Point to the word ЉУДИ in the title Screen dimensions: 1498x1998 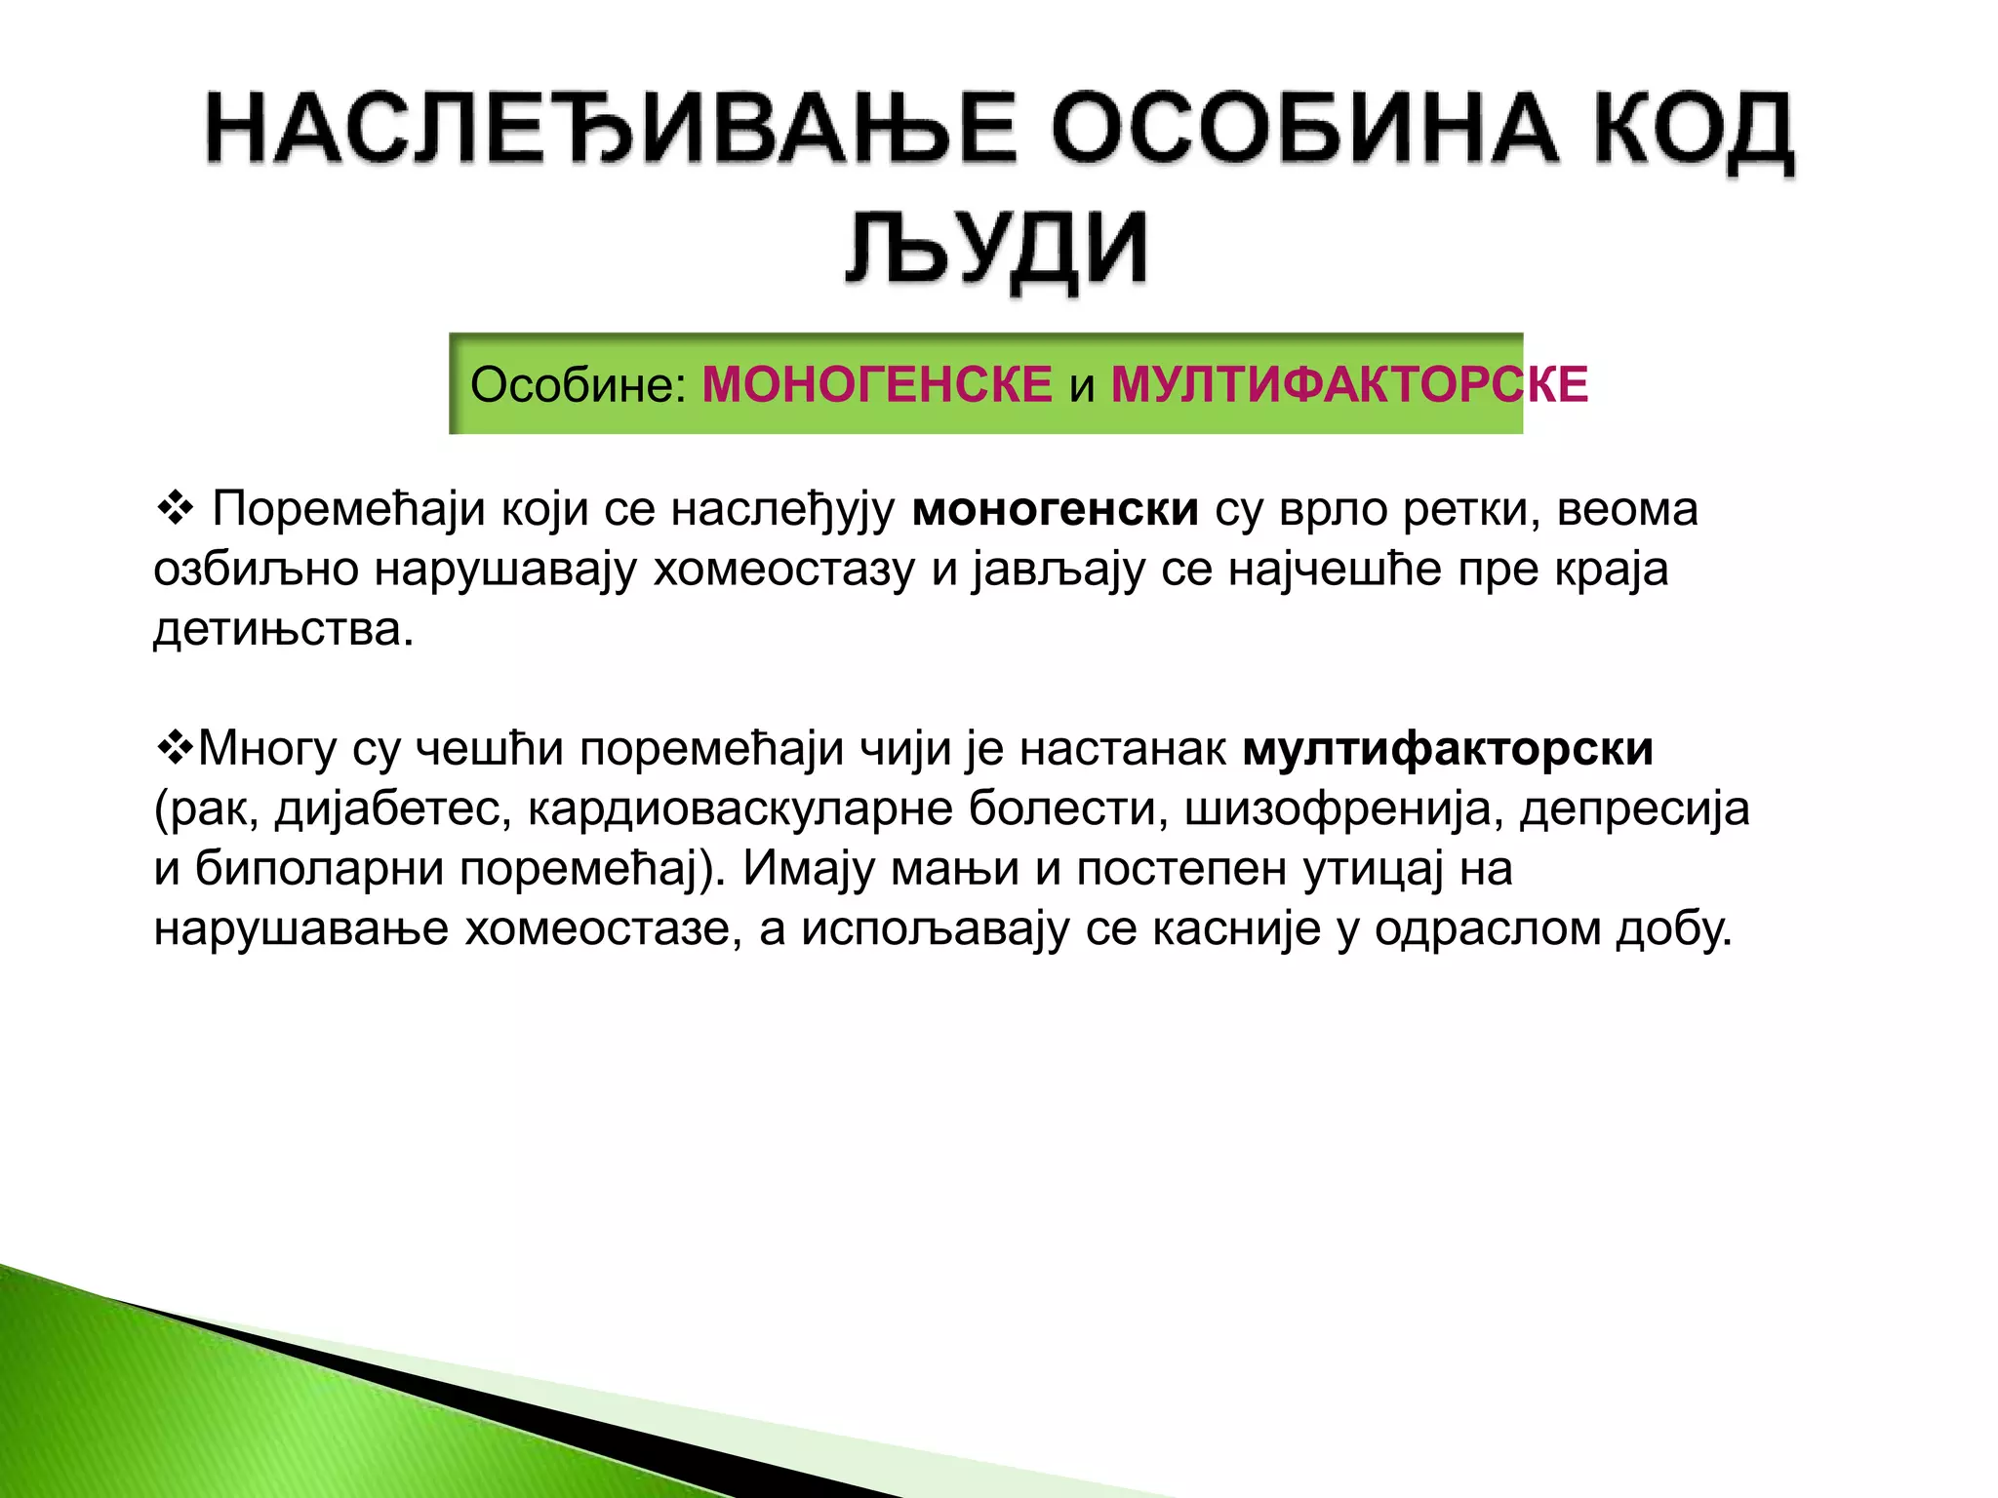click(x=997, y=249)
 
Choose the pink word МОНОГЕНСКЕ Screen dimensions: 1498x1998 click(x=877, y=384)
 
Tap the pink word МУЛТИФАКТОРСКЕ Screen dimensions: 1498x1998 click(x=1349, y=384)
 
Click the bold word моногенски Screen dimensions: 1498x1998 click(x=1056, y=509)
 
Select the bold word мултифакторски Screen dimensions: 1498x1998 click(x=1449, y=749)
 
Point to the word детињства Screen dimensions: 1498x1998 click(x=283, y=629)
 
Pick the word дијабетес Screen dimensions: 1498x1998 click(x=393, y=809)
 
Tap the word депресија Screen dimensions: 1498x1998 click(x=1635, y=809)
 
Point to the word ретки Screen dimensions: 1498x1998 click(x=1472, y=509)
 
